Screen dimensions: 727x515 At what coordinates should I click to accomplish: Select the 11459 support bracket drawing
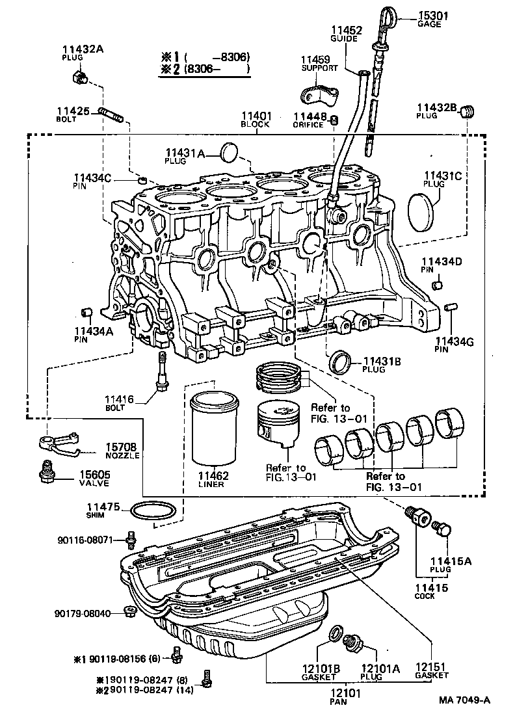(x=319, y=94)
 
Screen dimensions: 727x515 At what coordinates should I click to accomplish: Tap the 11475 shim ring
(x=153, y=512)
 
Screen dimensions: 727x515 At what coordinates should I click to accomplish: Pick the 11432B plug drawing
(x=466, y=114)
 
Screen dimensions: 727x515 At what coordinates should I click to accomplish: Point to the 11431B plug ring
(x=341, y=362)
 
